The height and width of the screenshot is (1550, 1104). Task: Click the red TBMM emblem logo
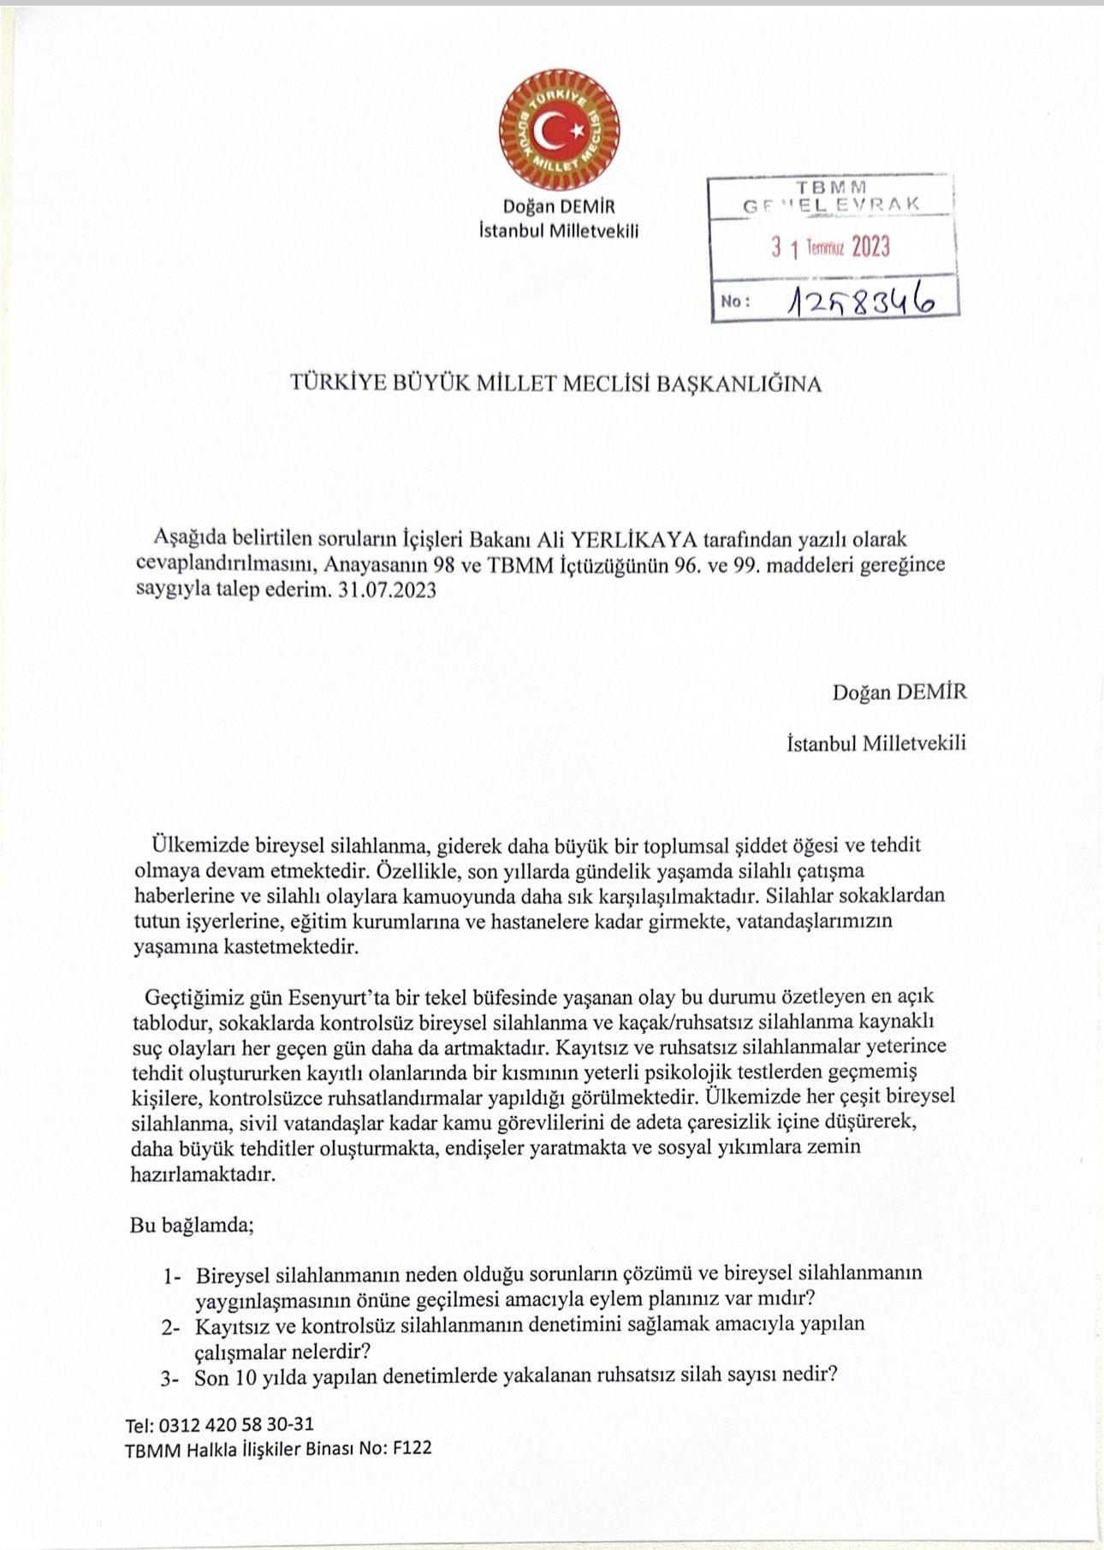coord(559,131)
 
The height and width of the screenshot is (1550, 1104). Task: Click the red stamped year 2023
coord(870,247)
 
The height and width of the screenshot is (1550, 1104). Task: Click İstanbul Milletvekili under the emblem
coord(559,230)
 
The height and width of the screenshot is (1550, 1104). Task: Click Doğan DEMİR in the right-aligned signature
coord(899,692)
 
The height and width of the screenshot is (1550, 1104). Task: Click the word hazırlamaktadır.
coord(204,1174)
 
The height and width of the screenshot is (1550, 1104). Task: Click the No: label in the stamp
coord(736,301)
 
